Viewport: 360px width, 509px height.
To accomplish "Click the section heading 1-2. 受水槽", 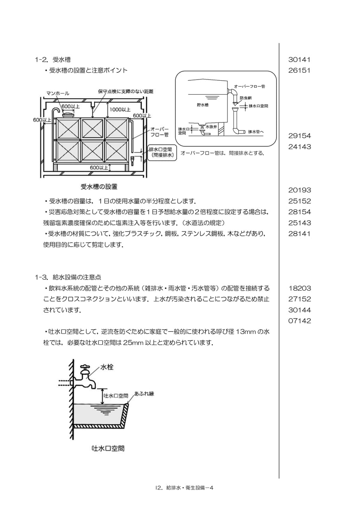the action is [x=53, y=60].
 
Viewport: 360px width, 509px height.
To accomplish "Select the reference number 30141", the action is [x=299, y=60].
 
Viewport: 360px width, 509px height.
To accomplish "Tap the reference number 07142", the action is [x=299, y=321].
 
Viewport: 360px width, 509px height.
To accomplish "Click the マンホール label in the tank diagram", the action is [x=58, y=93].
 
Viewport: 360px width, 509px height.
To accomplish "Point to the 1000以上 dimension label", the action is [x=120, y=110].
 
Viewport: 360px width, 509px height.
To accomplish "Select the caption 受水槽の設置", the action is [x=99, y=187].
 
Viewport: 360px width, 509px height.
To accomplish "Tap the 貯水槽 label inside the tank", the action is [x=202, y=105].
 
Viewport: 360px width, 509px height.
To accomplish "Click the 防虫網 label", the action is [x=246, y=98].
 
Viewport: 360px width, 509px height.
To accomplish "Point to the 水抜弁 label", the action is [x=211, y=126].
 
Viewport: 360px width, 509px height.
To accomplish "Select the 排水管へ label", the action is [x=256, y=132].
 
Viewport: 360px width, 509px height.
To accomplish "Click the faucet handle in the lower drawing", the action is [x=85, y=367].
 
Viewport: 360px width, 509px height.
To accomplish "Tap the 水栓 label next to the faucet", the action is [x=107, y=367].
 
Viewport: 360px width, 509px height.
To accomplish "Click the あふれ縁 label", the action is [x=144, y=394].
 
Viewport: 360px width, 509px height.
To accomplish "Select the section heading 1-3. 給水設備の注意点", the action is [x=68, y=277].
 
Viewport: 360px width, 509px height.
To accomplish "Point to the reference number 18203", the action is [x=299, y=288].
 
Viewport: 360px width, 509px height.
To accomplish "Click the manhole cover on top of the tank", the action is [x=68, y=114].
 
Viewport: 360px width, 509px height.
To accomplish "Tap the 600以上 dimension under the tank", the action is [x=99, y=168].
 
